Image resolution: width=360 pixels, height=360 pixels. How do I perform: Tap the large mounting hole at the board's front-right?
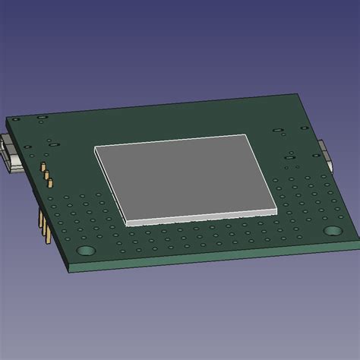333,230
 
